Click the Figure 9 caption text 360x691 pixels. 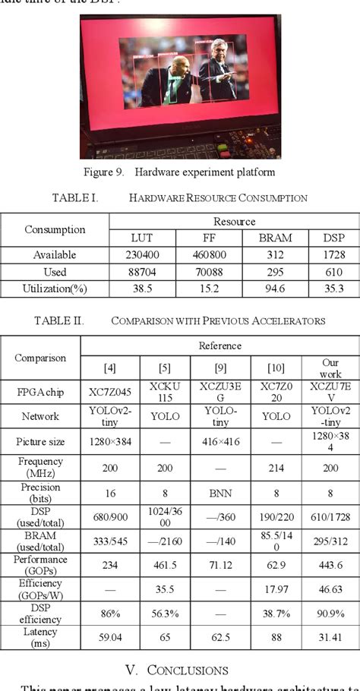[x=179, y=172]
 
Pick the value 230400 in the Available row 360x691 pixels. [x=137, y=255]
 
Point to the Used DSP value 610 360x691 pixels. [x=333, y=272]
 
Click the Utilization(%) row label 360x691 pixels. [x=55, y=289]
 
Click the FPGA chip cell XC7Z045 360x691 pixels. [x=110, y=393]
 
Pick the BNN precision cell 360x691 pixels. [x=219, y=493]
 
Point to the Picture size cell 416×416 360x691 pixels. [x=219, y=441]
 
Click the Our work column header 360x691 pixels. [x=330, y=368]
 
